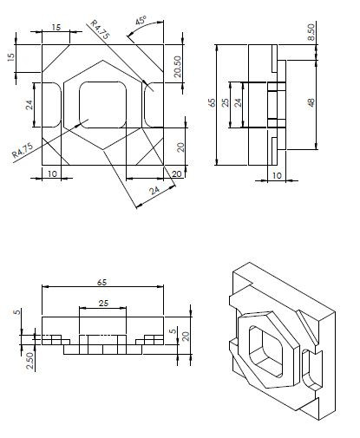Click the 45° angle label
(140, 20)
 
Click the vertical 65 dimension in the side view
(211, 101)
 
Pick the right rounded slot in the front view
(155, 104)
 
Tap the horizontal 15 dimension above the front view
(56, 28)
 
